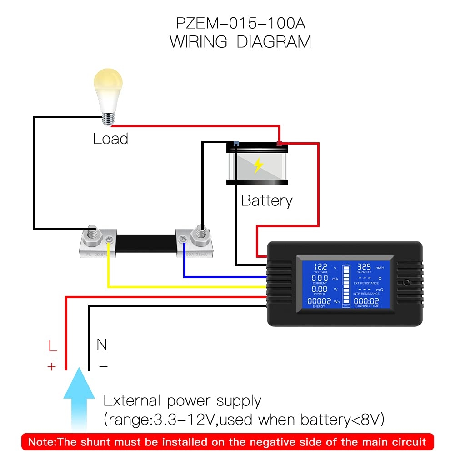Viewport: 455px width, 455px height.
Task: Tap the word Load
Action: coord(110,139)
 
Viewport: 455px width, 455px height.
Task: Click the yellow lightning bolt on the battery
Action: coord(258,166)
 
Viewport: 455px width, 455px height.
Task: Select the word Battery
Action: coord(267,200)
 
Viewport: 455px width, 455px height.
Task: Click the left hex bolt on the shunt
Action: coord(93,233)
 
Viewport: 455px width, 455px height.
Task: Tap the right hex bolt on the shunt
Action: coord(200,233)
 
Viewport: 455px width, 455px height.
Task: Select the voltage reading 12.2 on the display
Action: coord(320,267)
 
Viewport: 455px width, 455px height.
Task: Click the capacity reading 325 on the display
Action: coord(364,267)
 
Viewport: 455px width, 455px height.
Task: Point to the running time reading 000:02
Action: coord(366,301)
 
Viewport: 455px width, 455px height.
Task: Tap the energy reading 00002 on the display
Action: coord(320,301)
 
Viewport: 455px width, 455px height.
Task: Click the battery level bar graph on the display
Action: coord(346,284)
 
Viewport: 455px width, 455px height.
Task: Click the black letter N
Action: coord(102,345)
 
